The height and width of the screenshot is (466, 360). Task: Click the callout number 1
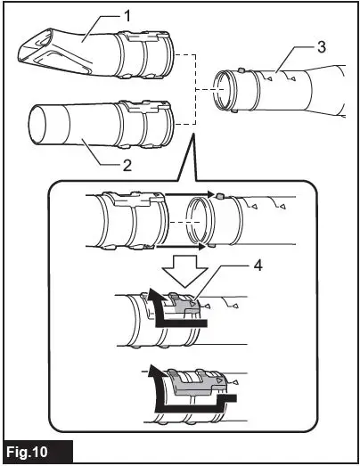(127, 16)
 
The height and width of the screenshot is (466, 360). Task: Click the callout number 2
(127, 165)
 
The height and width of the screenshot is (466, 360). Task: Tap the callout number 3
(321, 47)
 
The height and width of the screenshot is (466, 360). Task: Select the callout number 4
(258, 266)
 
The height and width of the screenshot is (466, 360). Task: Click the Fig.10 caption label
(27, 452)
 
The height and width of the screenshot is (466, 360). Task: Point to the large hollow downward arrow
(184, 271)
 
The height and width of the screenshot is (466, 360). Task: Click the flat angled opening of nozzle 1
(37, 46)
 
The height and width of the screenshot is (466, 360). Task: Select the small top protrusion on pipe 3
(241, 70)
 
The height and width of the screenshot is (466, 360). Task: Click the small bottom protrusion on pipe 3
(234, 111)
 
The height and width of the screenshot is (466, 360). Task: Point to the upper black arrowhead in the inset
(211, 194)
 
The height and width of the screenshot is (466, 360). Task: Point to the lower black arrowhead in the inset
(203, 247)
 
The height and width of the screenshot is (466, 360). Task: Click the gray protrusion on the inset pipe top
(220, 196)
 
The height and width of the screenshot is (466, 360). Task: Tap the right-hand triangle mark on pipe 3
(292, 78)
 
